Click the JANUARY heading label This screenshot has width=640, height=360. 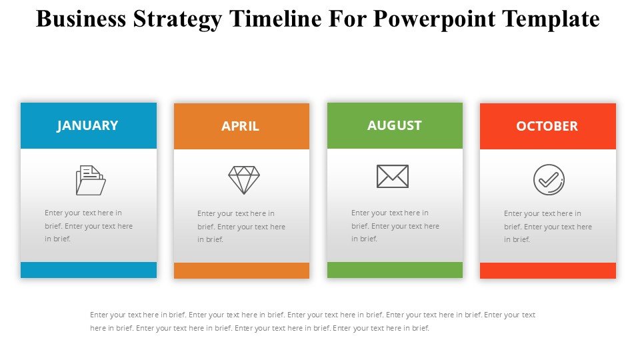(x=87, y=126)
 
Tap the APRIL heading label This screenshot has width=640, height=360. (x=241, y=126)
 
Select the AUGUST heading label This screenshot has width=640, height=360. (x=394, y=125)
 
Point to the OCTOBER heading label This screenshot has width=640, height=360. (x=547, y=126)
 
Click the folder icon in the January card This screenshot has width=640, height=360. (x=91, y=180)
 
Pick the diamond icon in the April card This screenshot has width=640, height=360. (x=244, y=180)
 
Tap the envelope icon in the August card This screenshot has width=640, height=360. (x=393, y=176)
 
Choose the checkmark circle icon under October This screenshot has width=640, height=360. (x=549, y=180)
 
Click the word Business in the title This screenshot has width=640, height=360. (x=81, y=19)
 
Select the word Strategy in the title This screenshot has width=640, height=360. (x=177, y=19)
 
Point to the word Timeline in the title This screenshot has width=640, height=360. (x=275, y=19)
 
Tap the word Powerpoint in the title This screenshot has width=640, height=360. (x=433, y=19)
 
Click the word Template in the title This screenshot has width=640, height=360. (x=551, y=19)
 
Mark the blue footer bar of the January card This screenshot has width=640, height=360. (x=89, y=270)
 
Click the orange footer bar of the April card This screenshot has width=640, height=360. (x=241, y=271)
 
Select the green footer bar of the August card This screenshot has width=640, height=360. (x=395, y=270)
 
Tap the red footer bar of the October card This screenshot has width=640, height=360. (x=548, y=271)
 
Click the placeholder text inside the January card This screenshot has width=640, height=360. (x=89, y=226)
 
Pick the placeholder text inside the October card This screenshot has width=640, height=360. (x=548, y=227)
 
